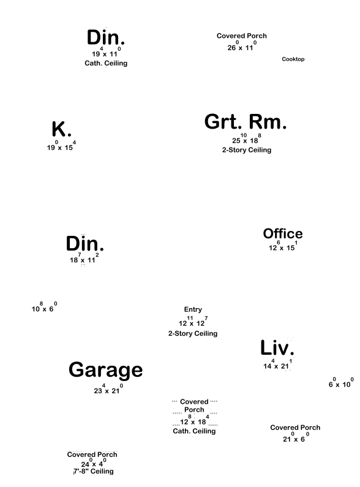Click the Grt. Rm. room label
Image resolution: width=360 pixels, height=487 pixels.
[x=245, y=122]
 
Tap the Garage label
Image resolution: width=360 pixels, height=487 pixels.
[x=105, y=370]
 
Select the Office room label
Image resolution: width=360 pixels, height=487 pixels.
[x=283, y=233]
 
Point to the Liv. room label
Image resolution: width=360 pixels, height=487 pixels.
[x=277, y=347]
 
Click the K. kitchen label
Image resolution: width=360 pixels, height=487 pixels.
[x=61, y=129]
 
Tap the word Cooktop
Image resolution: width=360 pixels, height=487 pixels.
[x=293, y=59]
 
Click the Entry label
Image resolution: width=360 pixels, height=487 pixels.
[x=193, y=309]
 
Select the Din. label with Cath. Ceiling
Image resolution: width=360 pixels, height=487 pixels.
[x=106, y=37]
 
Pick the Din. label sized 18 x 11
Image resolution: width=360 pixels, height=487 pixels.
[x=84, y=244]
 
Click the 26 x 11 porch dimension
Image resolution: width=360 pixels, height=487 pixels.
[x=242, y=46]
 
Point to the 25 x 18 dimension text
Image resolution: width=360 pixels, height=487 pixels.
[x=247, y=139]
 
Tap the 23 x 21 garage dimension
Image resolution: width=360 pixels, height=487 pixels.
[x=108, y=389]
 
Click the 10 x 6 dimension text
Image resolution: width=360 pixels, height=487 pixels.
[x=44, y=307]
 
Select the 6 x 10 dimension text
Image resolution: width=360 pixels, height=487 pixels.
[x=341, y=383]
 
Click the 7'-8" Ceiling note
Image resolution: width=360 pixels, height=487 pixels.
[x=94, y=472]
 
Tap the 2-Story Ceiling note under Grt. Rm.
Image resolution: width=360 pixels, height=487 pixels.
[x=247, y=150]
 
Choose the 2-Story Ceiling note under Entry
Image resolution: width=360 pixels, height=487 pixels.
[x=193, y=334]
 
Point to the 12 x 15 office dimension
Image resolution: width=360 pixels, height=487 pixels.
[x=283, y=246]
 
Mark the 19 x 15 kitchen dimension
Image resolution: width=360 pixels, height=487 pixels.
[x=61, y=146]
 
